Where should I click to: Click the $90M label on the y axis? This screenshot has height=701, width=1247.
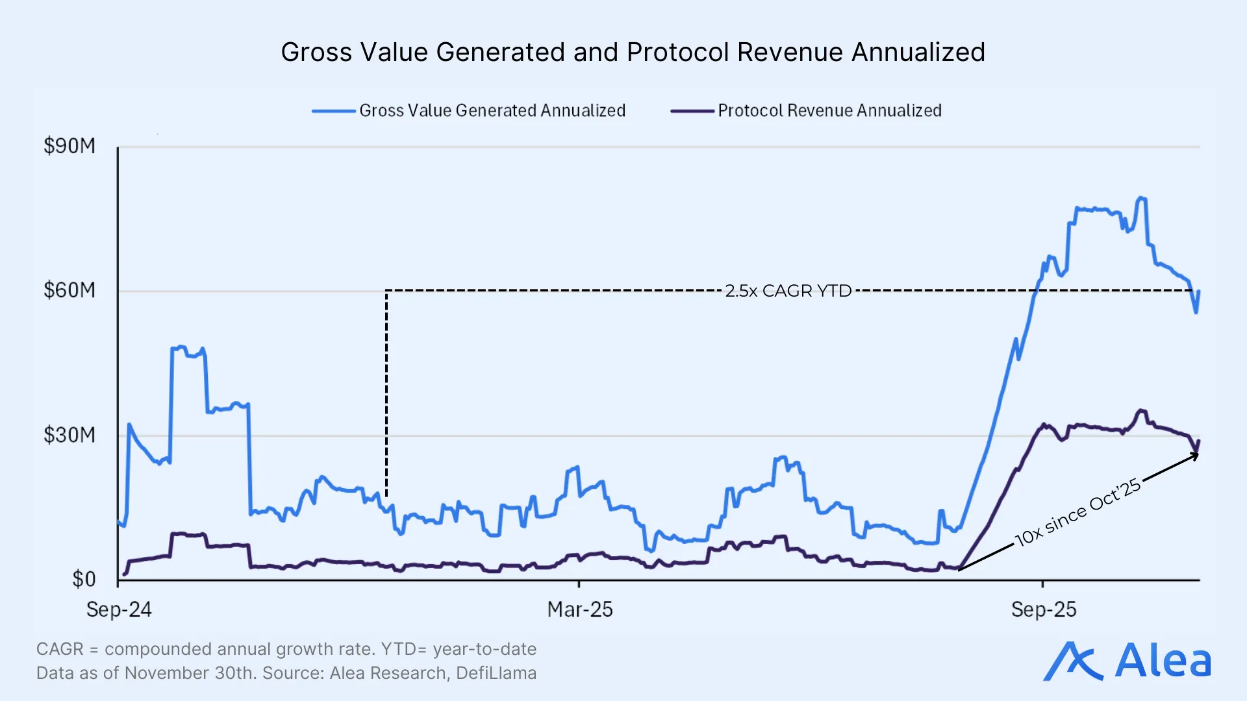[69, 146]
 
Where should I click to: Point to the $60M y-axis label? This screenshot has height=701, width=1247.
[69, 290]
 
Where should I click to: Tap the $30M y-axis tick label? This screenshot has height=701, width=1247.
[69, 435]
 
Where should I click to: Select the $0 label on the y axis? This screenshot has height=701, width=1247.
[84, 579]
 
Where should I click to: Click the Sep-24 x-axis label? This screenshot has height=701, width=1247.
[119, 610]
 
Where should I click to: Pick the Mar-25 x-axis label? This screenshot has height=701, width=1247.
[579, 610]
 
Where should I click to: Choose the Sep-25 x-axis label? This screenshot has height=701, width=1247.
[1043, 610]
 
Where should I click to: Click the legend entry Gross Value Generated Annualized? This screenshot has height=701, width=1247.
[492, 111]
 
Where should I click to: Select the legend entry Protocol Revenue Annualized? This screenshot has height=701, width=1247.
[829, 111]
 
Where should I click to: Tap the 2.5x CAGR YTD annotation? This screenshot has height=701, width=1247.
[788, 291]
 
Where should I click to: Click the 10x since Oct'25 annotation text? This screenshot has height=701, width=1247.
[1078, 513]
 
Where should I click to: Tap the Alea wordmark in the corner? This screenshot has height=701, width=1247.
[1163, 661]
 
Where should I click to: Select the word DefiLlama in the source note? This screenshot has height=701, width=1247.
[496, 673]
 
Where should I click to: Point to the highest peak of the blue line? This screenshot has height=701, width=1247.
[1140, 199]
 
